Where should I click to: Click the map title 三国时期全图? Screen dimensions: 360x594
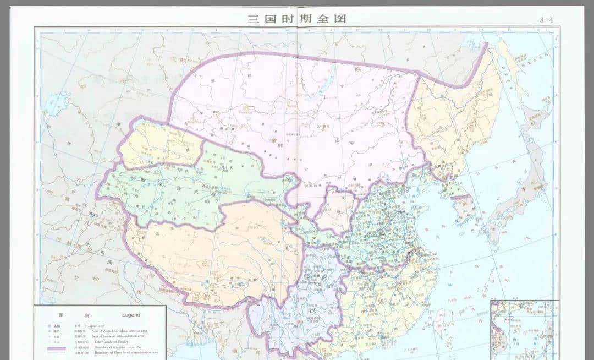tap(297, 18)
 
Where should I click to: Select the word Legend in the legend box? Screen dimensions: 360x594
tap(131, 315)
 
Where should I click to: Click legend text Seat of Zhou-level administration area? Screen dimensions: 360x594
tap(128, 330)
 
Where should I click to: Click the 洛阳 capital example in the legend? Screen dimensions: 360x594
tap(56, 325)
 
